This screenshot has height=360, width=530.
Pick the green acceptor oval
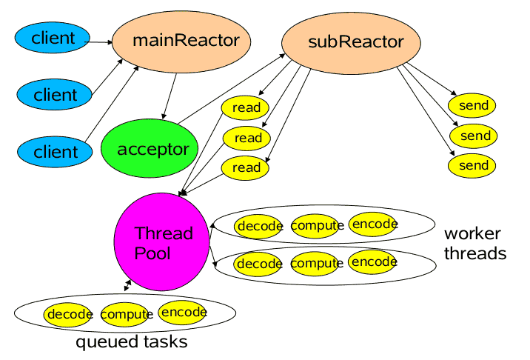tap(150, 150)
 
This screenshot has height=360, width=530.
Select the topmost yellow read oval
tap(246, 108)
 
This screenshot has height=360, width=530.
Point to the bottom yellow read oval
tap(246, 167)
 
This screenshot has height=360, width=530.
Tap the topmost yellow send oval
tap(473, 106)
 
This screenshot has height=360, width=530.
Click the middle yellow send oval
tap(474, 136)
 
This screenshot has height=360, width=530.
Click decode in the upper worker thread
tap(258, 226)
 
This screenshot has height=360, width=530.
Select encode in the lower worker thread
tap(372, 261)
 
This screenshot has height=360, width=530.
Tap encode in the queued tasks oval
tap(183, 313)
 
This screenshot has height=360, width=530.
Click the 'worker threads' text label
tap(474, 244)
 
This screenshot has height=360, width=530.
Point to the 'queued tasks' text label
tap(131, 343)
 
